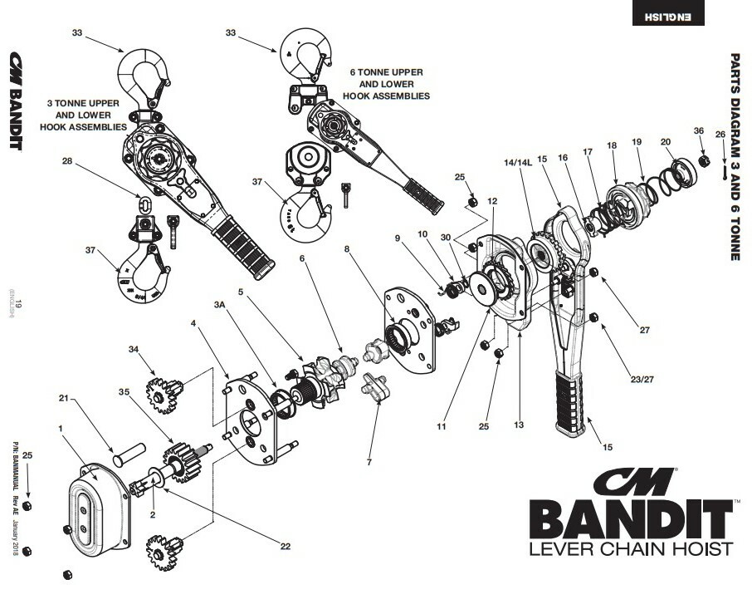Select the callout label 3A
pyautogui.click(x=220, y=306)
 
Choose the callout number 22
pyautogui.click(x=285, y=546)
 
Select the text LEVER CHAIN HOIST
pyautogui.click(x=631, y=549)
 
